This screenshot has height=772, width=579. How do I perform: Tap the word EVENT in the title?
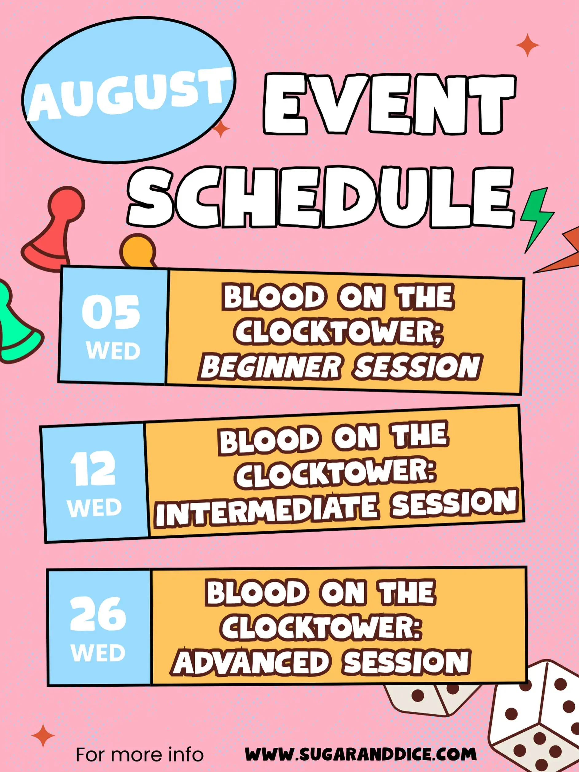point(389,104)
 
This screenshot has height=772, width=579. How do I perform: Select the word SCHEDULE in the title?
point(320,197)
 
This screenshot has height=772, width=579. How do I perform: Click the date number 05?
point(111,312)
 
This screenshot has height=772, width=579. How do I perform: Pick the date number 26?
point(98,613)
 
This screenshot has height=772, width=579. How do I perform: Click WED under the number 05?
point(113,350)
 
